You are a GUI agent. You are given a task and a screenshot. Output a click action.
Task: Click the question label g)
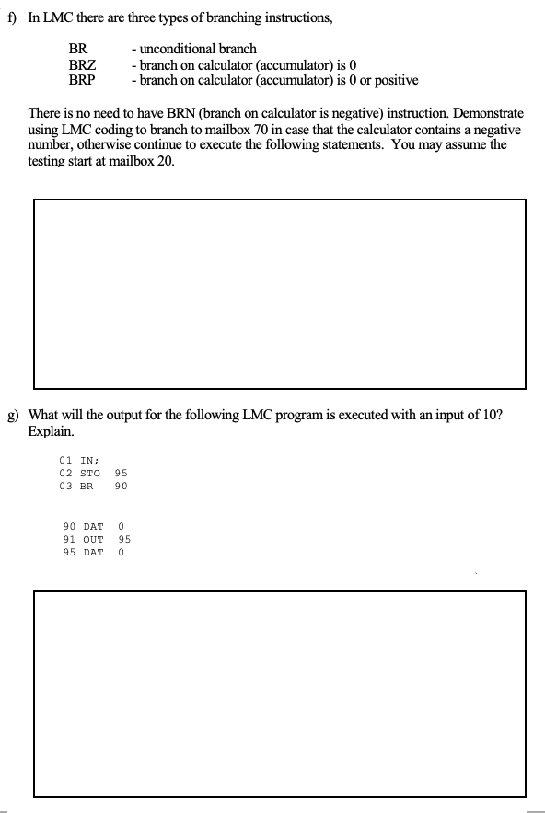(x=13, y=415)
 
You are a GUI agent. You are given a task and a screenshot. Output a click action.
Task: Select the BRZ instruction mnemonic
(x=83, y=64)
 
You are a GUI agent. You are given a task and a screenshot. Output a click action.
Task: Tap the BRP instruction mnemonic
(x=83, y=80)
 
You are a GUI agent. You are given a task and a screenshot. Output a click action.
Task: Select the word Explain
(x=51, y=430)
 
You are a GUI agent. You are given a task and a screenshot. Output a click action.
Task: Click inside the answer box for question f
(x=280, y=292)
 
